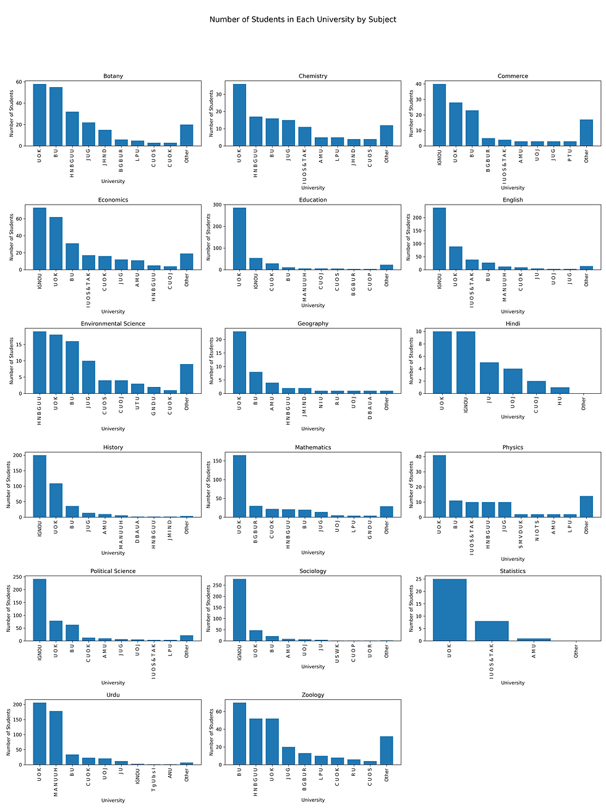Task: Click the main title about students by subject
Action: pos(302,19)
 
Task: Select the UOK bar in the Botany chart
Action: pos(40,115)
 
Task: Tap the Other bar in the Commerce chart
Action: pos(586,133)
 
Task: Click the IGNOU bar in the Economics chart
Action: pos(40,239)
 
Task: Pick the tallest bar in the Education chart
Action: pos(239,239)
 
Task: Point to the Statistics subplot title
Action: pos(513,571)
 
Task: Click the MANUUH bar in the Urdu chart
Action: pos(56,738)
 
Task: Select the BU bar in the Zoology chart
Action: pos(239,734)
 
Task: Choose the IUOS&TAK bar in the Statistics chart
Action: pos(492,631)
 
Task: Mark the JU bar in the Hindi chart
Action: pos(489,378)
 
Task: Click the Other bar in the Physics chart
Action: pos(586,506)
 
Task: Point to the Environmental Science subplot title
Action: pos(113,324)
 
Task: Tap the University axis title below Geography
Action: pos(313,429)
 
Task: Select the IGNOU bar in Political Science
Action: pos(40,610)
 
